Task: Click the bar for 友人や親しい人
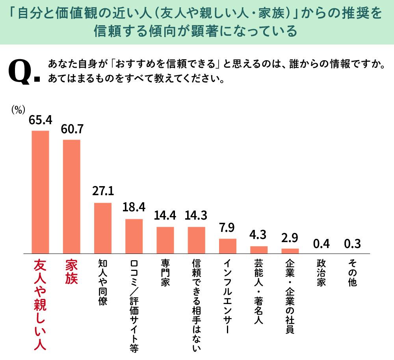click(x=40, y=192)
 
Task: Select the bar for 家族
click(x=71, y=196)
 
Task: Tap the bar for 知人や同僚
click(x=103, y=228)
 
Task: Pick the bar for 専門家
click(x=165, y=240)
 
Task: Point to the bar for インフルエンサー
click(x=227, y=246)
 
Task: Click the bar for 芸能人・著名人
click(x=259, y=249)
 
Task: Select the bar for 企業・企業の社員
click(x=290, y=250)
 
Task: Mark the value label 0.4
click(x=321, y=243)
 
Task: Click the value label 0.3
click(x=352, y=243)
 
